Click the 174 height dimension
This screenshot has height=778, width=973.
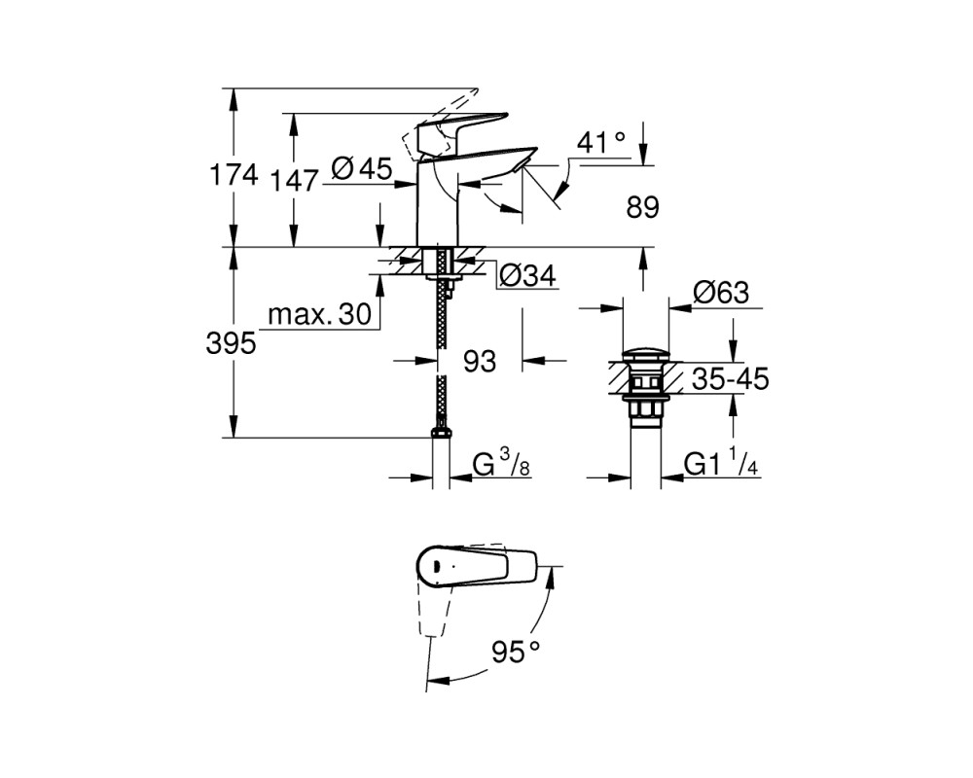pyautogui.click(x=234, y=175)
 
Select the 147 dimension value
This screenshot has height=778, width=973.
pyautogui.click(x=295, y=181)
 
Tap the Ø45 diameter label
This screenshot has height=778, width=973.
pyautogui.click(x=362, y=168)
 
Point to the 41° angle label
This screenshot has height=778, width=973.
pyautogui.click(x=601, y=142)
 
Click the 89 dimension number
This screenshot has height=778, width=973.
pyautogui.click(x=642, y=207)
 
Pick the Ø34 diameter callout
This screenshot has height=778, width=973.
pyautogui.click(x=527, y=275)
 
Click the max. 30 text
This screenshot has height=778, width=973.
pyautogui.click(x=319, y=314)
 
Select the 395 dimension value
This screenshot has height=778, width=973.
pyautogui.click(x=231, y=343)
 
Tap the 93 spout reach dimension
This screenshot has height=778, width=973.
pyautogui.click(x=480, y=361)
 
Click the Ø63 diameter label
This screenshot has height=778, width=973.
pyautogui.click(x=721, y=292)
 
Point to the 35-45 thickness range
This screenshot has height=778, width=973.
pyautogui.click(x=731, y=378)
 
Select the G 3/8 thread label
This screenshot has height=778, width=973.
pyautogui.click(x=501, y=464)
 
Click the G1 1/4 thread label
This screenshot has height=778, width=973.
pyautogui.click(x=721, y=464)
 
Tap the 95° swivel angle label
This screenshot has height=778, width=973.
pyautogui.click(x=516, y=652)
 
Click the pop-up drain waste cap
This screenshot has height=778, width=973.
pyautogui.click(x=646, y=356)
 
